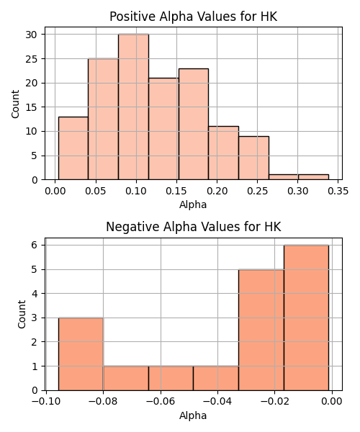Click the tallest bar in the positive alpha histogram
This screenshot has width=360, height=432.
point(134,107)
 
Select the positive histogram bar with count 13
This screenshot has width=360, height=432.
point(73,148)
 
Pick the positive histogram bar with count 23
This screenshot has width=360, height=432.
point(194,124)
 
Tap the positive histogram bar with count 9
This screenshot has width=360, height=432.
point(253,158)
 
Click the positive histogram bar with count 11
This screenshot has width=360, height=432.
point(224,153)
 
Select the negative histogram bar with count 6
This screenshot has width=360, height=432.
point(306,318)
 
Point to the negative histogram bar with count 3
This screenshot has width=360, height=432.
point(81,354)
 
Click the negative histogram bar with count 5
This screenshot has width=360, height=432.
point(261,330)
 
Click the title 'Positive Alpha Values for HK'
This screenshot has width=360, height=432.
point(194,17)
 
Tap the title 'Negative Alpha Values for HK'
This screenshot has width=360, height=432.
point(194,227)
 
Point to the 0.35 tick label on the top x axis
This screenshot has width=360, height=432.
point(338,191)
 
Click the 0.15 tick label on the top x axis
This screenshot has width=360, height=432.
point(176,191)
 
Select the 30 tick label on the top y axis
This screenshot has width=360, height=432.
point(31,35)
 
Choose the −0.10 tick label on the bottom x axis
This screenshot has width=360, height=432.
point(46,402)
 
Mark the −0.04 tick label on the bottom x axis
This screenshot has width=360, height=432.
point(217,402)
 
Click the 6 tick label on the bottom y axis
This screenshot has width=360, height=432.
point(35,245)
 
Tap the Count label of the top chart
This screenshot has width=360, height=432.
point(15,104)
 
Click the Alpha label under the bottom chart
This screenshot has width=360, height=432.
point(193,415)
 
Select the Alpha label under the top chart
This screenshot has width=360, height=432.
point(193,204)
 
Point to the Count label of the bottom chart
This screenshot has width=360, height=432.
point(22,315)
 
